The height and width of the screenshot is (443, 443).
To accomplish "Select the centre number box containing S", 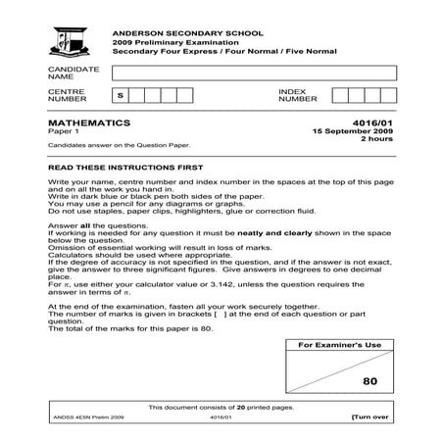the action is click(x=120, y=95).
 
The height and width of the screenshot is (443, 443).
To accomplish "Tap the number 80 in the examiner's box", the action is click(x=369, y=381).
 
